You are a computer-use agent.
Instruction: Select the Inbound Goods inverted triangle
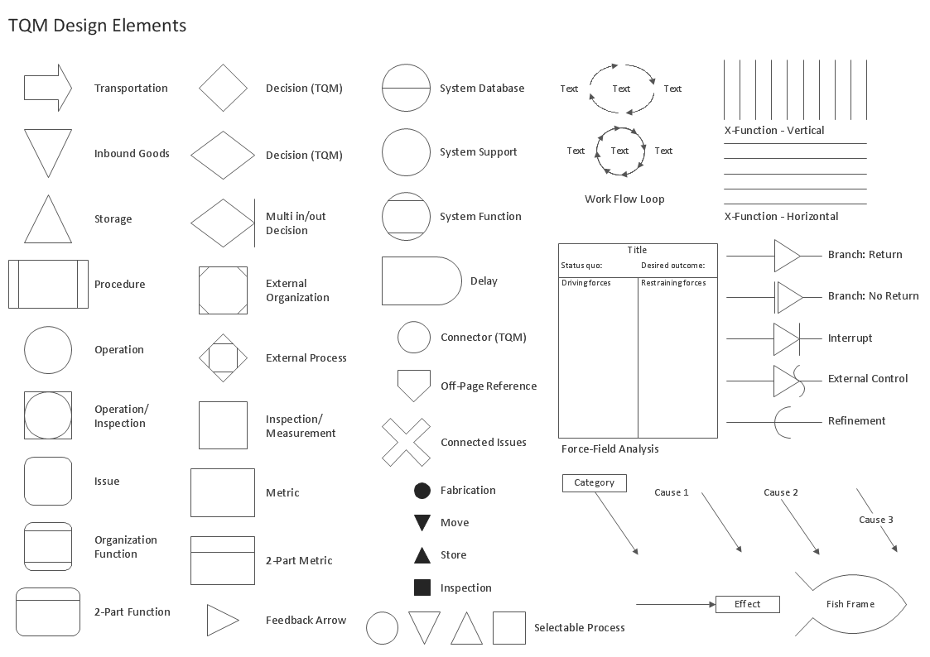(47, 149)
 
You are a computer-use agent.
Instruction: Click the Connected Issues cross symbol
(406, 442)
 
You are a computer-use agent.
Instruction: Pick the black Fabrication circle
(422, 491)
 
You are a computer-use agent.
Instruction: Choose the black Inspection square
(422, 587)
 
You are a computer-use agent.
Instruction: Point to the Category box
(594, 482)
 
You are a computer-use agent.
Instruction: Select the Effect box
(747, 604)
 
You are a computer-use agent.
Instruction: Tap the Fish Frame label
(850, 604)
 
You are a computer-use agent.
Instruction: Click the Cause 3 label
(875, 520)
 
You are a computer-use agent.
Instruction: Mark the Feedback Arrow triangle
(221, 620)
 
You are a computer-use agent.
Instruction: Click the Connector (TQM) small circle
(414, 338)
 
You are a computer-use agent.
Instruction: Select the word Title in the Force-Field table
(637, 250)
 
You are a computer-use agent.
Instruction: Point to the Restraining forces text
(673, 283)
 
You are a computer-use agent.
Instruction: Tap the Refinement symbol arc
(783, 421)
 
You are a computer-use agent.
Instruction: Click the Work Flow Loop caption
(624, 199)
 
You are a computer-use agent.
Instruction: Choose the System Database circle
(406, 87)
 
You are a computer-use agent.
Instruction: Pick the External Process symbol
(223, 357)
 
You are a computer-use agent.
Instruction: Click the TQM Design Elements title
(97, 26)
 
